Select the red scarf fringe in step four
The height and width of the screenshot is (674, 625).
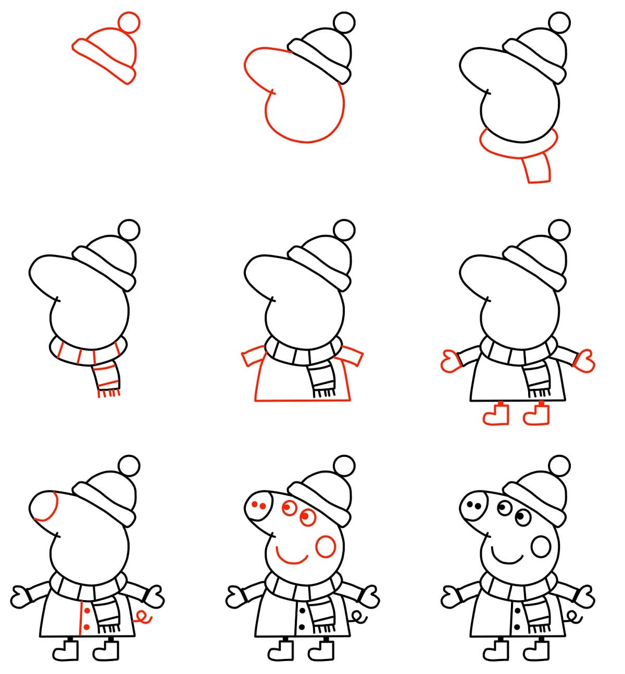109,393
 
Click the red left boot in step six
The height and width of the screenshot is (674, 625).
494,415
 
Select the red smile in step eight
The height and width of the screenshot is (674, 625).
292,558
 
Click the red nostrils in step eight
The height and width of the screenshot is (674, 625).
258,504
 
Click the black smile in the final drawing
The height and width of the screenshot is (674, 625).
507,558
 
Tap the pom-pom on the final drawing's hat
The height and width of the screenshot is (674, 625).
560,465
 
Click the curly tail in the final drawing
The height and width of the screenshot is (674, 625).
574,618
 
